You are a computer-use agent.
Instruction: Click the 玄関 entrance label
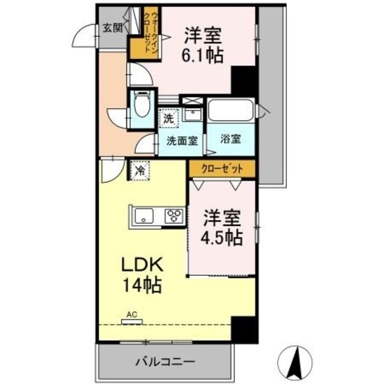[112, 27]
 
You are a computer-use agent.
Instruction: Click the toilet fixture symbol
[142, 106]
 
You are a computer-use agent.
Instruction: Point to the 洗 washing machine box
[169, 118]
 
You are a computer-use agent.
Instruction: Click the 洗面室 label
[182, 141]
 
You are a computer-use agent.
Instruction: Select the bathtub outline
[231, 112]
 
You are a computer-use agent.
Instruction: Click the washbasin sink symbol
[193, 113]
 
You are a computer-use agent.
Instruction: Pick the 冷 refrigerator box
[140, 172]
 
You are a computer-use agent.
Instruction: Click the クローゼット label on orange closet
[222, 169]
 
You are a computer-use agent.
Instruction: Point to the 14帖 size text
[142, 286]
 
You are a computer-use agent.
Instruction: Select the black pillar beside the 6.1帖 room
[244, 81]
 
